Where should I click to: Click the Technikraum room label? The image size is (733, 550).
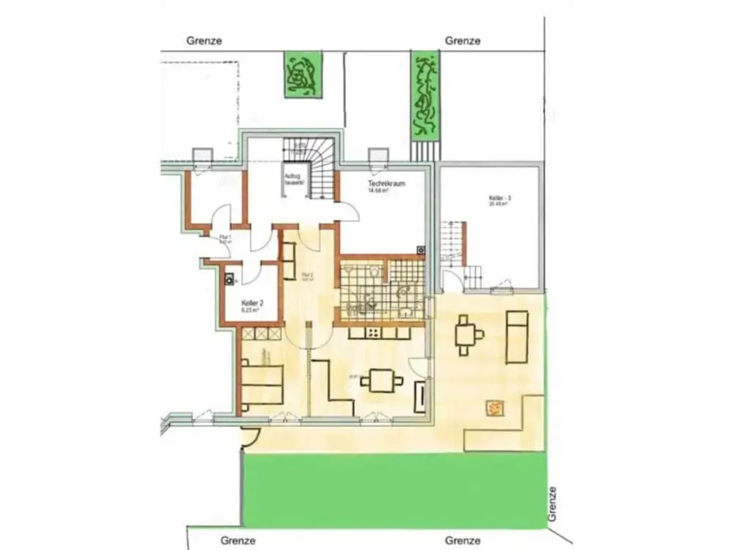[386, 183]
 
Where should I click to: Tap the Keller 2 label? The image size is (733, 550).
[251, 302]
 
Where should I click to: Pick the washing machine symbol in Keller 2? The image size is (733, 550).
[230, 279]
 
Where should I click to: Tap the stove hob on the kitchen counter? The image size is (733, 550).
[373, 333]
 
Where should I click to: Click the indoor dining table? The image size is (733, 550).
[382, 380]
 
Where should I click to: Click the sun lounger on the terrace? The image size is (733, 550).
[517, 337]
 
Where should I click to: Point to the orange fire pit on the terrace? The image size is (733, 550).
[494, 407]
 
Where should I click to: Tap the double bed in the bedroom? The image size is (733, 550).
[262, 384]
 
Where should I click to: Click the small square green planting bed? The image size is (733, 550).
[302, 74]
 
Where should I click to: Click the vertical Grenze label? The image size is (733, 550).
[552, 504]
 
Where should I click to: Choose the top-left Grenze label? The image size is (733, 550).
[204, 41]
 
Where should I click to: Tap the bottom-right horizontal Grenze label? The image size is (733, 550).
[463, 540]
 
